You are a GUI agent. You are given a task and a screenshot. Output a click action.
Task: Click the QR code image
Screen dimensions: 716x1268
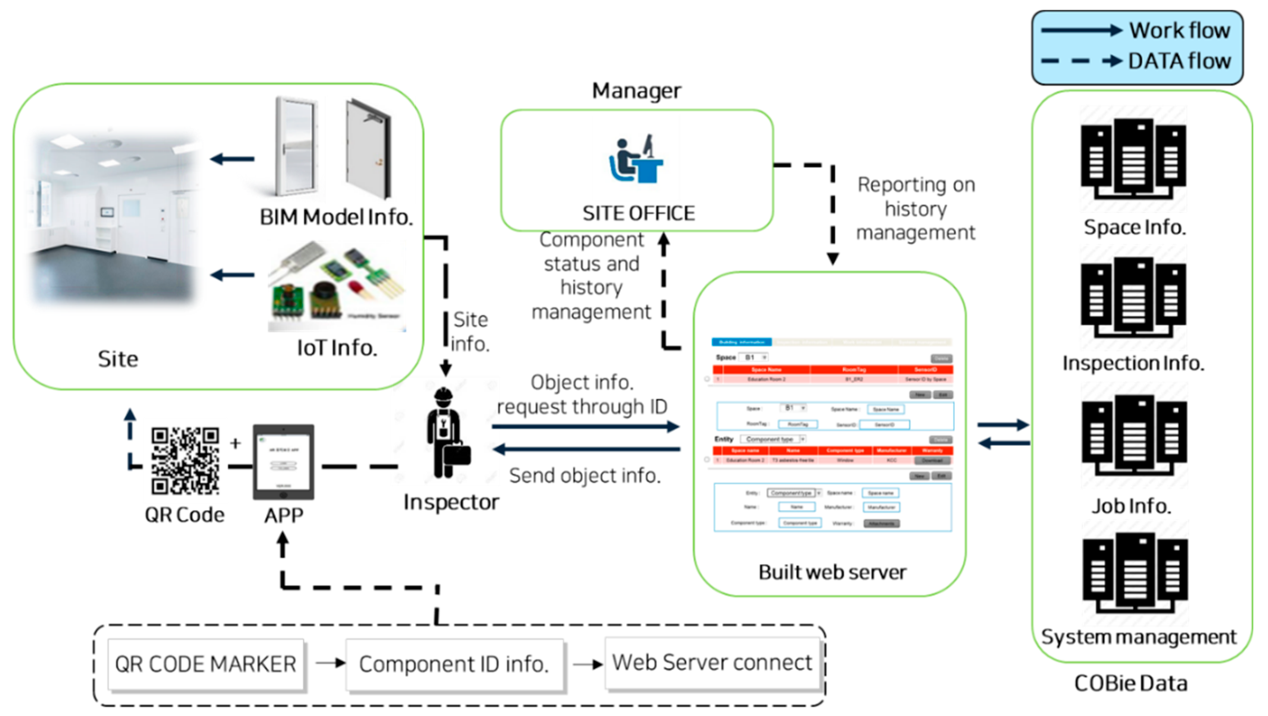[x=185, y=461]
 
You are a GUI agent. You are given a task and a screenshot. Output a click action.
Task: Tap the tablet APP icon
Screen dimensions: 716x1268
[x=283, y=461]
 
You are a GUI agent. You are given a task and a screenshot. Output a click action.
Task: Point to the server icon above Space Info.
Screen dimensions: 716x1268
[x=1133, y=159]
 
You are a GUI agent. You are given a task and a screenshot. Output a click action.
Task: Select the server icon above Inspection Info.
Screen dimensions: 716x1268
[x=1133, y=297]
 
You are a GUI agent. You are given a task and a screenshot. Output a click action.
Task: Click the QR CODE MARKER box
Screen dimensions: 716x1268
[x=206, y=664]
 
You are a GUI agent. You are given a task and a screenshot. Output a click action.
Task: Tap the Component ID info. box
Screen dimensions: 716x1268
[x=453, y=664]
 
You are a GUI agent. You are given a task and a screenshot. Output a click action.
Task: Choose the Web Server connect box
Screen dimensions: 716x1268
[x=712, y=662]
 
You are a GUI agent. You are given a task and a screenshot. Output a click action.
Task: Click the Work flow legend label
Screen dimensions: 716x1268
[x=1179, y=31]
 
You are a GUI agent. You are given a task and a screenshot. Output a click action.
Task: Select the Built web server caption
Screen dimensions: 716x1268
[x=832, y=572]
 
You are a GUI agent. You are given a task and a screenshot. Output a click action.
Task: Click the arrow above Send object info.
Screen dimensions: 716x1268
[x=586, y=449]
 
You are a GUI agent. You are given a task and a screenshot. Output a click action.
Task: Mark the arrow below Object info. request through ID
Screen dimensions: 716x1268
[x=586, y=426]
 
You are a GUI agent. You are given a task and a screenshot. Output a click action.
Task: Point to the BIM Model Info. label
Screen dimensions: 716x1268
[x=336, y=217]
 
